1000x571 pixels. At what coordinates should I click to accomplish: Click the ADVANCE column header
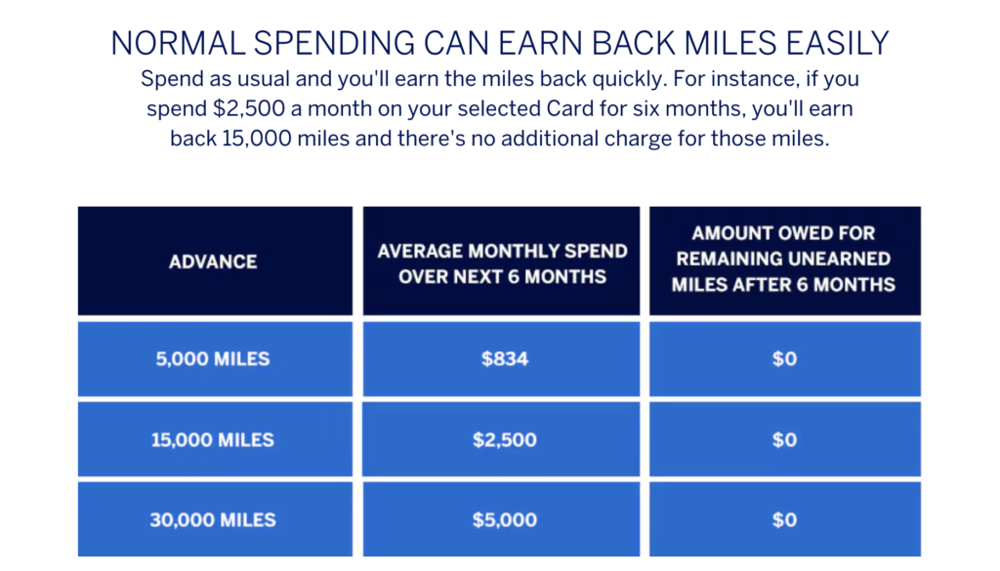coord(215,261)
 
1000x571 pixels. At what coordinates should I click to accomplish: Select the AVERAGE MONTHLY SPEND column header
coord(501,261)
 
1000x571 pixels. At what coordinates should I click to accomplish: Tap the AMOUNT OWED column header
coord(785,261)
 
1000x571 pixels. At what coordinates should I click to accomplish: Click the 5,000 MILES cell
coord(215,359)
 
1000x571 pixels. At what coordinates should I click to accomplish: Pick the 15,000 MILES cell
coord(215,439)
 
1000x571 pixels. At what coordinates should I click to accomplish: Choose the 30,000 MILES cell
coord(215,519)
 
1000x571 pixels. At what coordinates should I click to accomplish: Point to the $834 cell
coord(501,359)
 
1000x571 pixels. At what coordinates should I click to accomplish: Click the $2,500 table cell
coord(501,439)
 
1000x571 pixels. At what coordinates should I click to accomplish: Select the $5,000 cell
coord(501,519)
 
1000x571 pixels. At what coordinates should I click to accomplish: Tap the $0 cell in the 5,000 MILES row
coord(785,359)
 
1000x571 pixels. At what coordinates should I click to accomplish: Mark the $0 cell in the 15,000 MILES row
coord(785,439)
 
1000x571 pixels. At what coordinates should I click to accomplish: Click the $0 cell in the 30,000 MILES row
coord(785,519)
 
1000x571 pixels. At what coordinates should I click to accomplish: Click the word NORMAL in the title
coord(178,43)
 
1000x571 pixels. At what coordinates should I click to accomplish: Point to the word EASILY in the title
coord(837,43)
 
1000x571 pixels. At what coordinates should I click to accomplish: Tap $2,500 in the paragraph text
coord(249,108)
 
